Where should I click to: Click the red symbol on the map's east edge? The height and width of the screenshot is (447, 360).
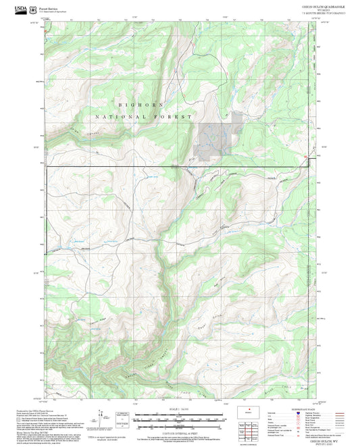tap(305, 158)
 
